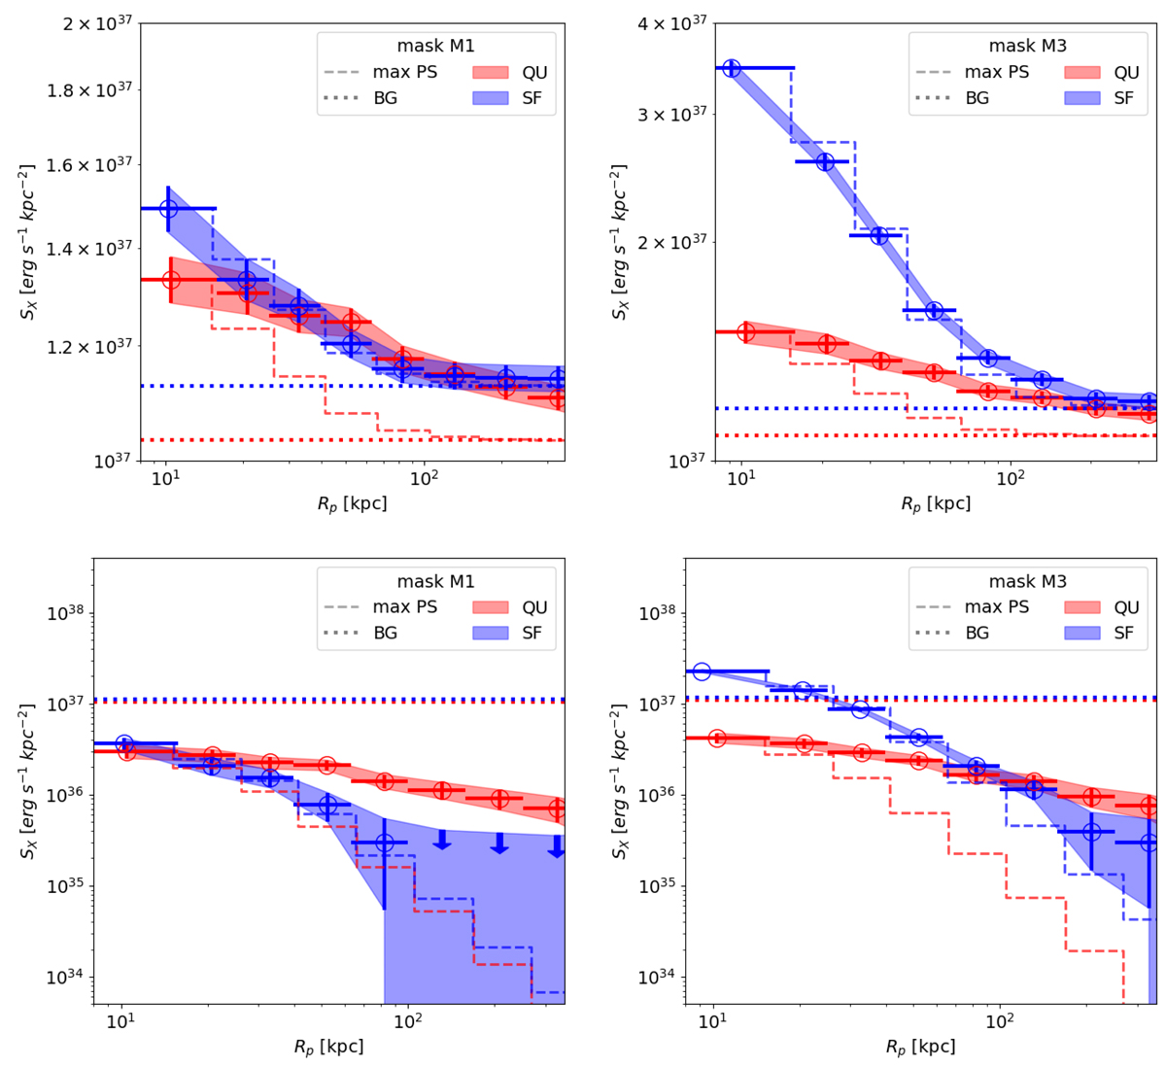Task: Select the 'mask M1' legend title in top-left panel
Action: click(435, 46)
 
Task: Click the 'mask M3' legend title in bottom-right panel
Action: click(1027, 582)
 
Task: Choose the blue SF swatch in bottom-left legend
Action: click(495, 634)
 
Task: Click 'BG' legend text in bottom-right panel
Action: click(977, 634)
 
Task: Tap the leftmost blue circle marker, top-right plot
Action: click(732, 68)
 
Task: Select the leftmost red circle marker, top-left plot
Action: click(171, 280)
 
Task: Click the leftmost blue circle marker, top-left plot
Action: click(168, 208)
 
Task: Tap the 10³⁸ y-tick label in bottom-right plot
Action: click(660, 614)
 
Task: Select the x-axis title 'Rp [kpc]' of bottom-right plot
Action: click(920, 1048)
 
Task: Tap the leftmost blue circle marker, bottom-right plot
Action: click(702, 672)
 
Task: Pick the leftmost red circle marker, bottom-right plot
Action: click(717, 739)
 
